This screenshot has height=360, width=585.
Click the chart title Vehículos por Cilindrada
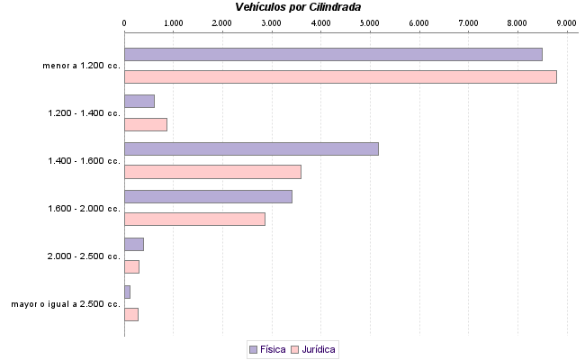tap(292, 7)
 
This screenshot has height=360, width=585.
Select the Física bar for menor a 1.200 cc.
tap(333, 54)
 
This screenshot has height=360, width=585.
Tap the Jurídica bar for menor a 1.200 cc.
tap(340, 76)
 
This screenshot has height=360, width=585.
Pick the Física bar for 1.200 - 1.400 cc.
tap(139, 101)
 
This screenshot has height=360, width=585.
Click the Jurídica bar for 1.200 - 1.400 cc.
tap(146, 124)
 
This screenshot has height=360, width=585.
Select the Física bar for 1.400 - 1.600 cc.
tap(251, 148)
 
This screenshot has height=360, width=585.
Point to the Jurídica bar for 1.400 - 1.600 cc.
tap(212, 172)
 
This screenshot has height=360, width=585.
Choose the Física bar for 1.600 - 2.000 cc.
tap(208, 196)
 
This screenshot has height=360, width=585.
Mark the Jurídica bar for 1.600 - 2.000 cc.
tap(194, 219)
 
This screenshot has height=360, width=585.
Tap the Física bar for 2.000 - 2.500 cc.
tap(134, 244)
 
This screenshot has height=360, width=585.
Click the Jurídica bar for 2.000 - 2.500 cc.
tap(131, 266)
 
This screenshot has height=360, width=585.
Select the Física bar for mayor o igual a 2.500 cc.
tap(127, 292)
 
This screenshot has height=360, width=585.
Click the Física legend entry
tap(266, 348)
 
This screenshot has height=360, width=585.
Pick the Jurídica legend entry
tap(314, 348)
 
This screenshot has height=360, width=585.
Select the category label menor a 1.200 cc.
tap(81, 66)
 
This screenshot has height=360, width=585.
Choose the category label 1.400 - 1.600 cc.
tap(85, 161)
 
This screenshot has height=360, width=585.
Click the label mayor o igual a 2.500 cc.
tap(66, 304)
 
